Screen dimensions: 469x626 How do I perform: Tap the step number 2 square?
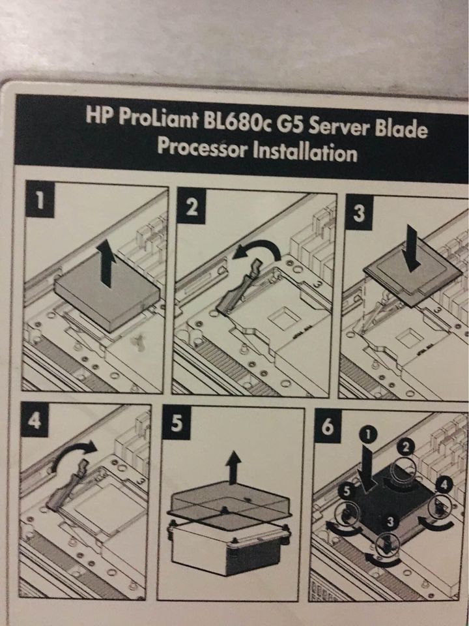point(192,206)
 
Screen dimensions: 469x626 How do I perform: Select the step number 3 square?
point(360,212)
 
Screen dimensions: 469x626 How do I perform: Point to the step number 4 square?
point(35,419)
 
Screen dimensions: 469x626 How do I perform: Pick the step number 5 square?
point(177,423)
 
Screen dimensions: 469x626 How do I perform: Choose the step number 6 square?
point(328,426)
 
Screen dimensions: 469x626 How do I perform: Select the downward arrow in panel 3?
point(411,248)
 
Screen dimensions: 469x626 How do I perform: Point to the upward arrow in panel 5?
point(233,467)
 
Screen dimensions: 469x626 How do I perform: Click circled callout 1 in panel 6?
point(369,435)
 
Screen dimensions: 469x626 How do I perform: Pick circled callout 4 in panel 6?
point(444,485)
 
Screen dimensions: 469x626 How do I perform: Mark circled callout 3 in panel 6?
point(390,522)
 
